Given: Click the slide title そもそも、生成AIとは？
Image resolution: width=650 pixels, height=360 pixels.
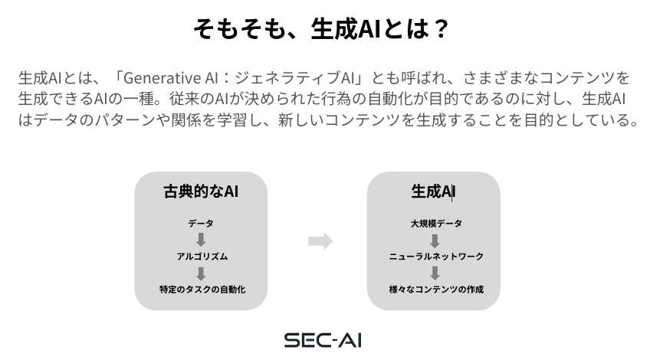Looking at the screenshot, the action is [x=321, y=28].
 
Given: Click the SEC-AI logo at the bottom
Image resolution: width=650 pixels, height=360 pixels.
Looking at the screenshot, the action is [x=323, y=340].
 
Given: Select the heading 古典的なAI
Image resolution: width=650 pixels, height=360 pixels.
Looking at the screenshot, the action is [x=201, y=191].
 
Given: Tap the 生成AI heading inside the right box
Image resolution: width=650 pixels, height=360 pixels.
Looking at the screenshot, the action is [x=433, y=191].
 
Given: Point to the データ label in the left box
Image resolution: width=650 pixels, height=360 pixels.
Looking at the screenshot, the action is [x=201, y=224].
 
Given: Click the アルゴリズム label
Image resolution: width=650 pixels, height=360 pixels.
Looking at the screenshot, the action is [x=202, y=257].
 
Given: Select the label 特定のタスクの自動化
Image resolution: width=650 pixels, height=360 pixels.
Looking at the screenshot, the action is [x=202, y=290].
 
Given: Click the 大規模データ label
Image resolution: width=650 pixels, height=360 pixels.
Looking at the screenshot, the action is [x=436, y=224].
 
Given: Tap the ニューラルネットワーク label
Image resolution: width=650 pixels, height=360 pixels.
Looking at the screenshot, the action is [x=436, y=257].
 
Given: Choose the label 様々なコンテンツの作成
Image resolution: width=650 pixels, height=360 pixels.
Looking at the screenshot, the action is [x=436, y=290].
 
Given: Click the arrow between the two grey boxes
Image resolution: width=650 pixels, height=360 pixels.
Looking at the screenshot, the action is [x=320, y=241].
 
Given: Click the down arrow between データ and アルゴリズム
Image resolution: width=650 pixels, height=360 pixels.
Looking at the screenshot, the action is [x=201, y=240].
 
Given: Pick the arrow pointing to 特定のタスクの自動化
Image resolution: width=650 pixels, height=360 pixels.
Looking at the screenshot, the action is [x=201, y=273].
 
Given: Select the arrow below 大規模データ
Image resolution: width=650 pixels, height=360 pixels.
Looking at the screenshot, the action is [x=435, y=241].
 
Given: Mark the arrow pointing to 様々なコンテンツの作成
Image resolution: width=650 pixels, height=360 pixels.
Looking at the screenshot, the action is [x=435, y=273].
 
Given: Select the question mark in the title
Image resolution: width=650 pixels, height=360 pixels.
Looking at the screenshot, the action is [x=441, y=28].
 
